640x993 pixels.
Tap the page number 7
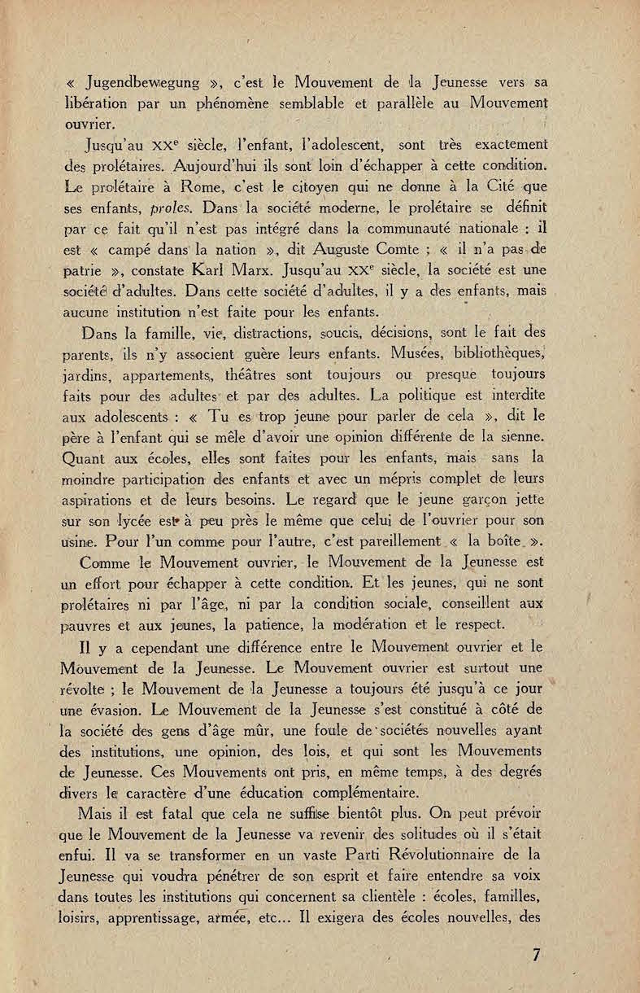point(537,955)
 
